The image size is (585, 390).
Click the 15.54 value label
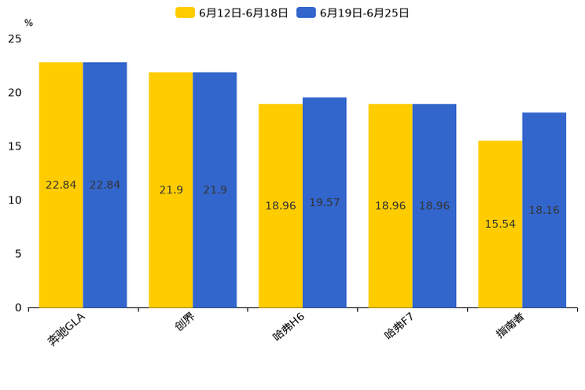pyautogui.click(x=500, y=224)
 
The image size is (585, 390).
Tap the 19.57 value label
pyautogui.click(x=324, y=203)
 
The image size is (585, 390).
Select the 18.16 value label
pyautogui.click(x=543, y=211)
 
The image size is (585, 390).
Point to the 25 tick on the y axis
pyautogui.click(x=14, y=39)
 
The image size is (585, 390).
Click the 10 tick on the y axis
pyautogui.click(x=14, y=201)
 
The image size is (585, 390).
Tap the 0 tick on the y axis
pyautogui.click(x=18, y=307)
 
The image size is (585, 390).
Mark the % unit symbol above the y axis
pyautogui.click(x=28, y=24)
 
